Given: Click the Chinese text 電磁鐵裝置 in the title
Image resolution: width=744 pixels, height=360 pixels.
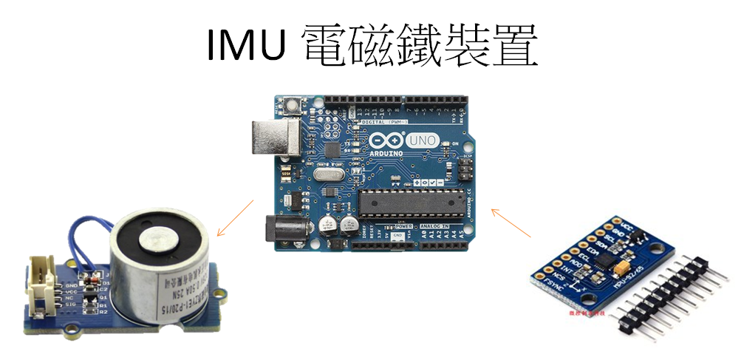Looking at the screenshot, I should [419, 46].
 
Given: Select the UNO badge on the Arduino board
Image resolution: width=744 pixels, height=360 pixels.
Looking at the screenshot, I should [425, 140].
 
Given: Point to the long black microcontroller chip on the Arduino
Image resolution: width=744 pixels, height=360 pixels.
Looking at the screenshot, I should [413, 202].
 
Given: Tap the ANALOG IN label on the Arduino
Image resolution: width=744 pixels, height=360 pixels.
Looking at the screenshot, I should [439, 225].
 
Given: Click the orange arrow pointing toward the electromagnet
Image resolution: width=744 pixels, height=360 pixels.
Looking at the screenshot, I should [235, 219].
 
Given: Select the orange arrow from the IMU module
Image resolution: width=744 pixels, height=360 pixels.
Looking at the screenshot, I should [511, 223].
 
